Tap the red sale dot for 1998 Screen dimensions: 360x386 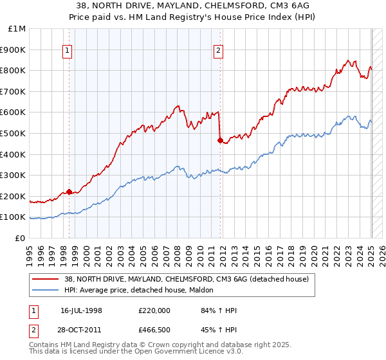click(x=69, y=192)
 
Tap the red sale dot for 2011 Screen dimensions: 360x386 click(x=221, y=140)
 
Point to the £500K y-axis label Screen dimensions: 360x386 click(x=14, y=133)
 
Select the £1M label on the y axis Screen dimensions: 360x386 click(x=17, y=28)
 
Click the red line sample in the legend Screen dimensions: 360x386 click(x=46, y=279)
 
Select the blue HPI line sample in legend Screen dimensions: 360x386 click(x=46, y=290)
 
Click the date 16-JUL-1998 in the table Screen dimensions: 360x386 click(x=81, y=310)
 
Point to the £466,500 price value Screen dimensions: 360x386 click(x=154, y=329)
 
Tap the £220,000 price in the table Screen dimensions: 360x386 click(x=154, y=310)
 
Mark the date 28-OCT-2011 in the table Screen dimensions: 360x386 click(x=81, y=329)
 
